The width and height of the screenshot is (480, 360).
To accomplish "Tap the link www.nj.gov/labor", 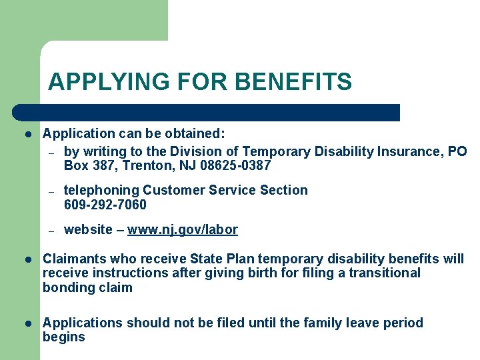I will click(x=182, y=230).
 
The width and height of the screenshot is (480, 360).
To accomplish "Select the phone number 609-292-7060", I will click(x=105, y=205).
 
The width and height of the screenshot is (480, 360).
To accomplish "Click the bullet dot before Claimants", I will click(x=27, y=259).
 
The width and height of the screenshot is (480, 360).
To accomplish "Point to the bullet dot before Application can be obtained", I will click(x=27, y=134).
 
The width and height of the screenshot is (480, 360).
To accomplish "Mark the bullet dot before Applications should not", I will click(x=27, y=323).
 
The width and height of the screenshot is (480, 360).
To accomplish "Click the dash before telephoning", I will click(x=51, y=191).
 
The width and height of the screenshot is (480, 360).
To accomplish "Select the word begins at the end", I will click(x=64, y=337).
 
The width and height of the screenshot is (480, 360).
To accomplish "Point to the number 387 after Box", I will click(x=103, y=166).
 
